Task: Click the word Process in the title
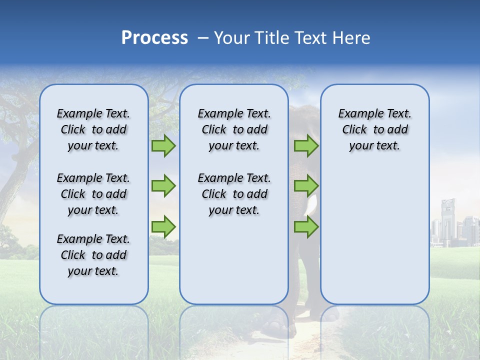(x=154, y=37)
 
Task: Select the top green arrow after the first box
(x=163, y=145)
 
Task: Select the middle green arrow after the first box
(x=163, y=186)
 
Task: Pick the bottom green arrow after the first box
(x=163, y=227)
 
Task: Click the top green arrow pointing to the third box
(x=306, y=145)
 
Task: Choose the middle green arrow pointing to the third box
(x=306, y=186)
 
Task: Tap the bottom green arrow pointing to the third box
(x=306, y=227)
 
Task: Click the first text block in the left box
(x=93, y=129)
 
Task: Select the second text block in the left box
(x=93, y=194)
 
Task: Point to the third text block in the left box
(x=93, y=255)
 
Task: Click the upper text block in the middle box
(x=234, y=129)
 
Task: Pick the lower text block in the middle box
(x=234, y=194)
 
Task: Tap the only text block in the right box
(x=374, y=129)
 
